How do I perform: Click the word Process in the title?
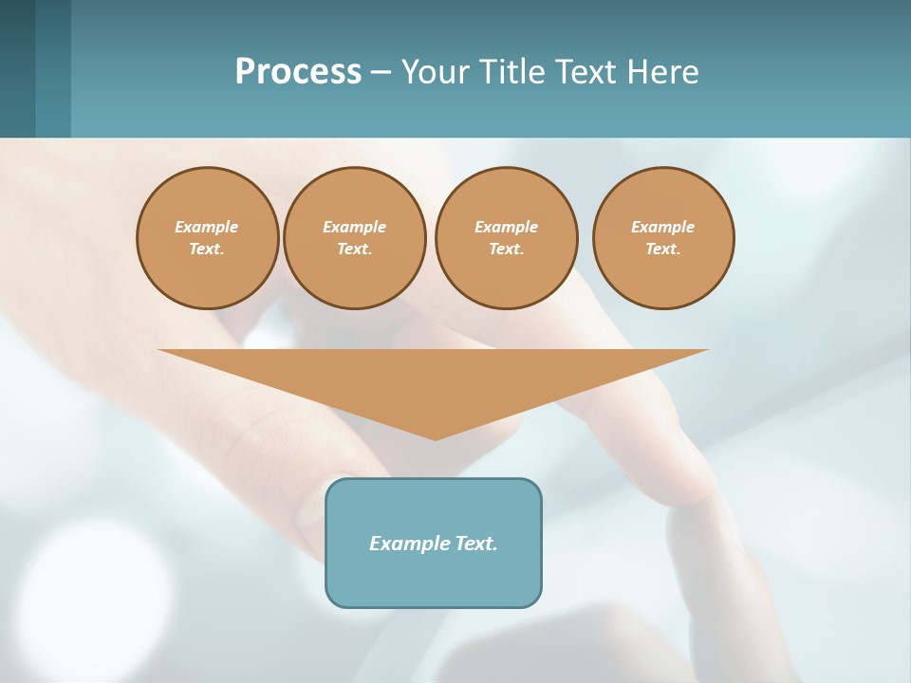pos(298,72)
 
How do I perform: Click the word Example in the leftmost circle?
pos(207,227)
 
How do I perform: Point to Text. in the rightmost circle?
pos(662,249)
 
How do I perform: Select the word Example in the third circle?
pos(506,227)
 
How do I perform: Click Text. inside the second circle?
pos(354,249)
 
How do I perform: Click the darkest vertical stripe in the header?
pos(17,68)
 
